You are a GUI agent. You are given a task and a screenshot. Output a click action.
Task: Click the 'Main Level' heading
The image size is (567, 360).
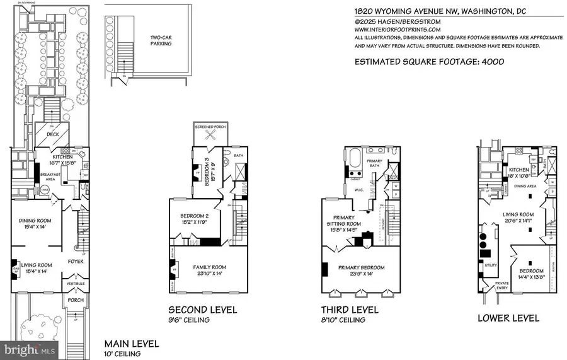131,344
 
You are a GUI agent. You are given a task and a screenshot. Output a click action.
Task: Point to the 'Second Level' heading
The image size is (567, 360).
202,310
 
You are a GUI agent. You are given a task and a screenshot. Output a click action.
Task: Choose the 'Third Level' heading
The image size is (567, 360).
350,310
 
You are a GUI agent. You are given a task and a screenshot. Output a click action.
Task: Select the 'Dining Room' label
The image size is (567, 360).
35,223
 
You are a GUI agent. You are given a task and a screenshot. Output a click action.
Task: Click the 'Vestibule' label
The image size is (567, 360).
76,284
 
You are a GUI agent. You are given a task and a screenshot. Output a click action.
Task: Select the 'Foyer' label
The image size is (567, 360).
76,261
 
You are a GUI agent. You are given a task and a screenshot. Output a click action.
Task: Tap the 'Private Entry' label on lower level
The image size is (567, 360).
503,286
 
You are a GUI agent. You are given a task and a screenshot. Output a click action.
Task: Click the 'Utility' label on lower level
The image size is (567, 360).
491,265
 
